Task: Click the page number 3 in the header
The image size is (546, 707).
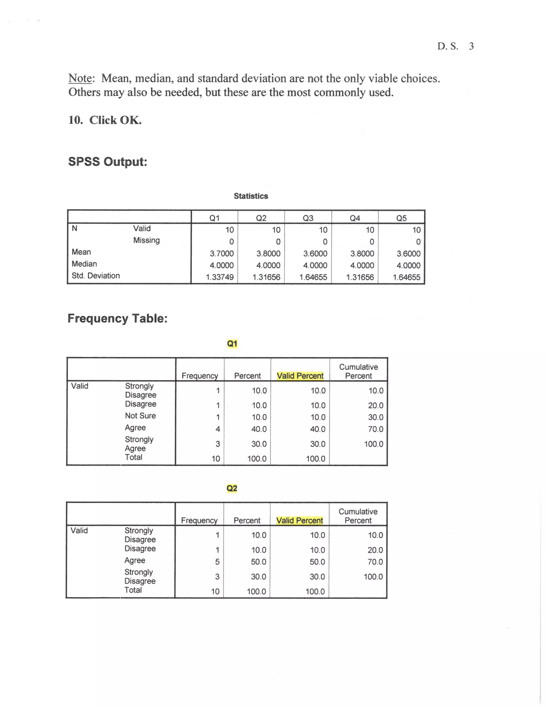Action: (471, 46)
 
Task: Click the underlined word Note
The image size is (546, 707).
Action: (80, 78)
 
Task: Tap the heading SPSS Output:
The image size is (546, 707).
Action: (108, 161)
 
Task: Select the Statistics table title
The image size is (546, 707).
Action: (251, 196)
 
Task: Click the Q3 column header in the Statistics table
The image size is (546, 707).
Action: (308, 218)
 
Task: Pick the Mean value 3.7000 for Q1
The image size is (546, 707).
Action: (222, 253)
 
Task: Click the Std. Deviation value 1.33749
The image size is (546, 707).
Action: (220, 277)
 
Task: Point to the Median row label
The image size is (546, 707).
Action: (84, 264)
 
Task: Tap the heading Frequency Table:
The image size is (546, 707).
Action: (117, 318)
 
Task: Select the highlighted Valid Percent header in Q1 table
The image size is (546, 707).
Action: (300, 376)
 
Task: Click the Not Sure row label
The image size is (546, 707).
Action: (140, 416)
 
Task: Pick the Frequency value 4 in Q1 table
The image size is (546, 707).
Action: (218, 429)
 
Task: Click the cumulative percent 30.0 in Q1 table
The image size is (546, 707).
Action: (376, 417)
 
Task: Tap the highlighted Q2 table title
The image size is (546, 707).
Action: (232, 488)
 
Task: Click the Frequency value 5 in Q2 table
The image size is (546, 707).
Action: (217, 562)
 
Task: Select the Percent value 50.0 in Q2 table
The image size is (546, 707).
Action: (258, 562)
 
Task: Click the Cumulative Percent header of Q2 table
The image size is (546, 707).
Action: (358, 516)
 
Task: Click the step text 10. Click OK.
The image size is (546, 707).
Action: (105, 120)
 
